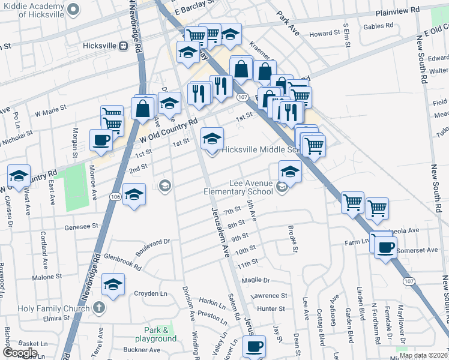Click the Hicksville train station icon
tap(122, 45)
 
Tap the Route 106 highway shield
tap(115, 196)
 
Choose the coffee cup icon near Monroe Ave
tap(100, 140)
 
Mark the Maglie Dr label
tap(256, 280)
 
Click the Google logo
tap(20, 353)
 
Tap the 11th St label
tap(247, 263)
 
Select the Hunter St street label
tap(271, 308)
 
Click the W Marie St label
tap(50, 112)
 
